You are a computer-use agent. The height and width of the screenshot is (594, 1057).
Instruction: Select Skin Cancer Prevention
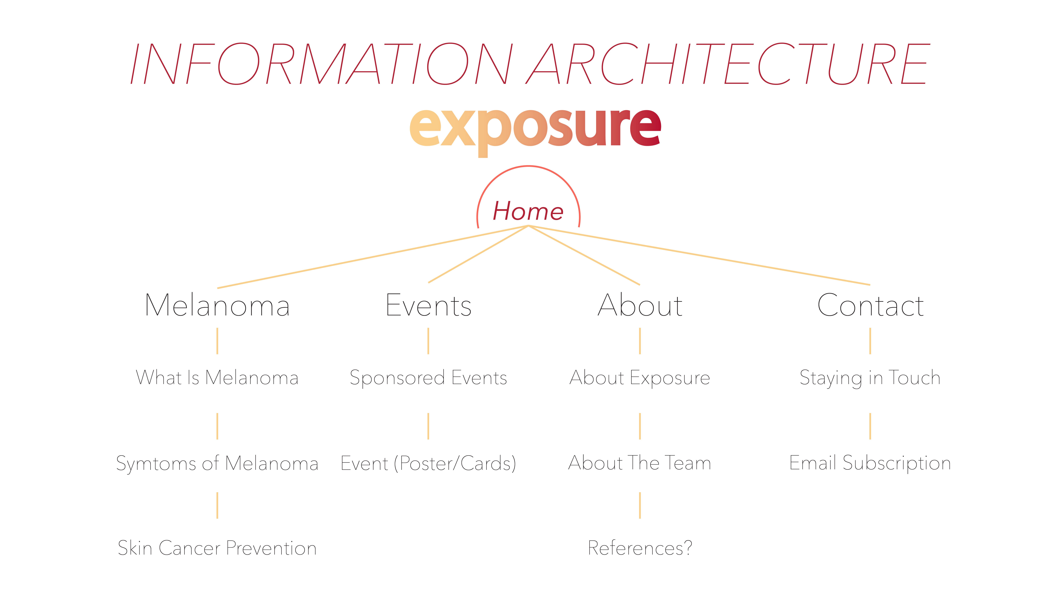click(x=217, y=548)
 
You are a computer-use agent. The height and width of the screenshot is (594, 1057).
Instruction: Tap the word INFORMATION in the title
click(x=322, y=63)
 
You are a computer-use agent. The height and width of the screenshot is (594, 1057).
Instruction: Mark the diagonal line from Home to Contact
click(x=699, y=255)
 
